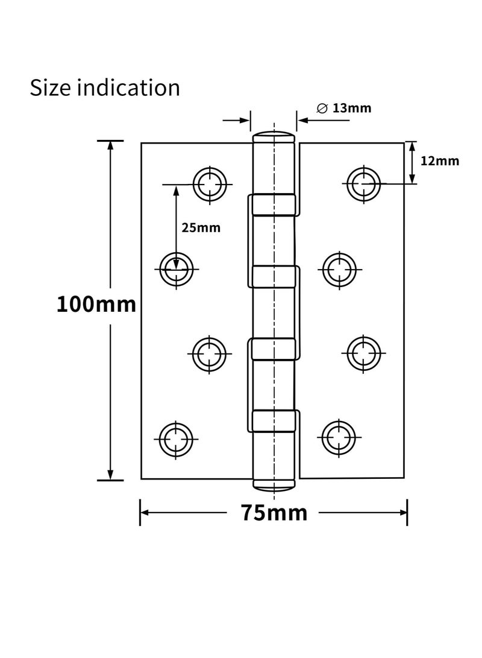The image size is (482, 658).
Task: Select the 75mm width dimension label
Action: (x=274, y=513)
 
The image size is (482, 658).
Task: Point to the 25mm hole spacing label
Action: (x=201, y=228)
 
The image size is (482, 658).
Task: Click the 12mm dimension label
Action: (x=440, y=161)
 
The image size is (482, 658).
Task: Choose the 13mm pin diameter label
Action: (x=351, y=109)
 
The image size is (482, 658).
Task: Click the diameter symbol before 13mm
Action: (x=322, y=109)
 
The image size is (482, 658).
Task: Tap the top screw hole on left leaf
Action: (x=210, y=183)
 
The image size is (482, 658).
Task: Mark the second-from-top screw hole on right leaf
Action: (x=339, y=270)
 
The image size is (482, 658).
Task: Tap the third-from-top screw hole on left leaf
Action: (x=210, y=353)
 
